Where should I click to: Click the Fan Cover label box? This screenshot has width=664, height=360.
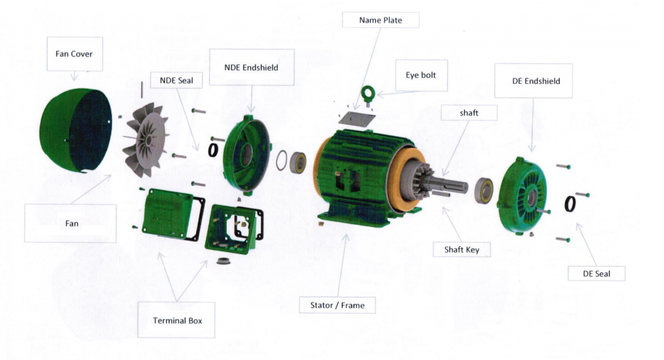tap(73, 54)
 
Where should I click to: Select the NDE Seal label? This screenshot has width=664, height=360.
tap(176, 80)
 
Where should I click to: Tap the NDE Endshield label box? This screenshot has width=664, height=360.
tap(251, 67)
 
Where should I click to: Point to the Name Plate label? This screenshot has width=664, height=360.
tap(380, 20)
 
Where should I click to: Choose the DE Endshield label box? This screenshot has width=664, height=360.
tap(533, 81)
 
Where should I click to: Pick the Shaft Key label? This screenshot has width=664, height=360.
tap(462, 249)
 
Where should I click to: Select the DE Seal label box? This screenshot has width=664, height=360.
tap(596, 274)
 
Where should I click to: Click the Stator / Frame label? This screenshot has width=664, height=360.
tap(337, 306)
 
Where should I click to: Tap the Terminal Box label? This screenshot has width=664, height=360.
tap(177, 320)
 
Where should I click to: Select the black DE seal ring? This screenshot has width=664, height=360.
tap(570, 204)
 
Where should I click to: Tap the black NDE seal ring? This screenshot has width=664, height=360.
tap(213, 150)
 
